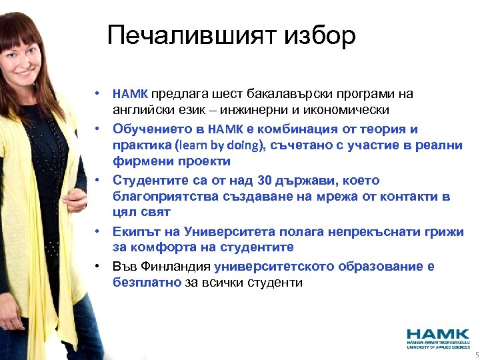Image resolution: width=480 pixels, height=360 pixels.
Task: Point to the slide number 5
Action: point(476,355)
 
